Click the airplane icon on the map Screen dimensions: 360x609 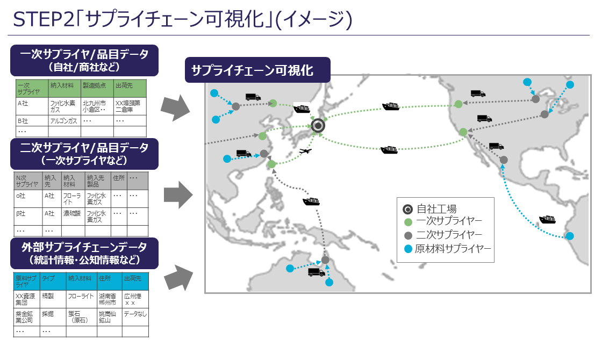pos(305,151)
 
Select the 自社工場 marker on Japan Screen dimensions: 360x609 pos(319,126)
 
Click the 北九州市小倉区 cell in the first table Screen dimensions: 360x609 pos(97,106)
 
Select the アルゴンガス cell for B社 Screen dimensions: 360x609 pos(64,121)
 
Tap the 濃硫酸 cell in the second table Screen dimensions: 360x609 pos(72,214)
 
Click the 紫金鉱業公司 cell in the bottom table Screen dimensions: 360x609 pos(26,316)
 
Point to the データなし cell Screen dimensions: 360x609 pos(135,314)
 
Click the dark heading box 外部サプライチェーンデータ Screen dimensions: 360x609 pos(84,253)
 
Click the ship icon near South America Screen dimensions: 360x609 pos(547,219)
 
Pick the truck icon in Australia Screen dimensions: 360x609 pos(316,272)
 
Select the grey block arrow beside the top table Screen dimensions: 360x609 pos(175,107)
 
